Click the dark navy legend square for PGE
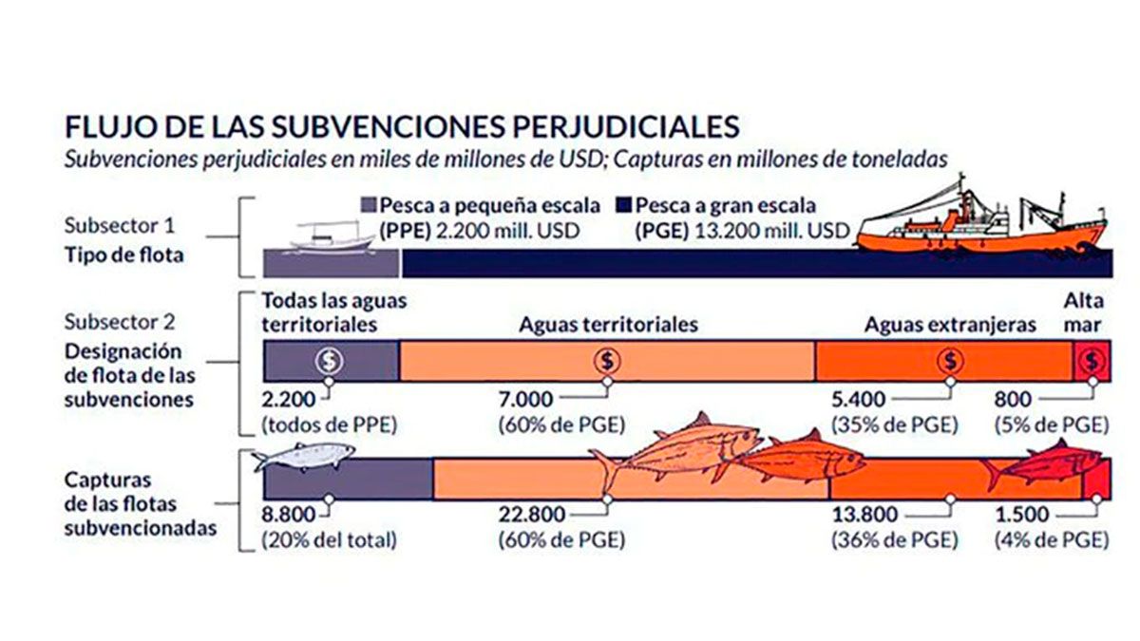click(624, 206)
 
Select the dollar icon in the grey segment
click(329, 361)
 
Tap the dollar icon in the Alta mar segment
click(1092, 361)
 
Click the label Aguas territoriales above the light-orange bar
click(608, 325)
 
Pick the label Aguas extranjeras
click(950, 325)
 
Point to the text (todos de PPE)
click(329, 424)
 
